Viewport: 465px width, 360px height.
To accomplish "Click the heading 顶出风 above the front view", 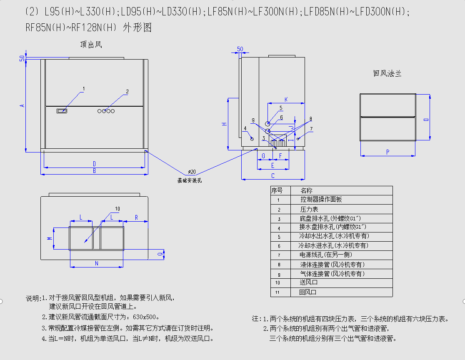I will point(91,45).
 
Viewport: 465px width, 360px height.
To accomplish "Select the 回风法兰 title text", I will point(387,74).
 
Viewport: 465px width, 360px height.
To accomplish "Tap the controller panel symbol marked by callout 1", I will point(62,111).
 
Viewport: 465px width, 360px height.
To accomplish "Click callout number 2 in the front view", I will point(127,91).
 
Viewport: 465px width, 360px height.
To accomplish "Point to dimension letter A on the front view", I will point(22,106).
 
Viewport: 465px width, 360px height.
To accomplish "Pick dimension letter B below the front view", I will point(95,170).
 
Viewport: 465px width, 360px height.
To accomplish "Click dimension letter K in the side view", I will point(286,99).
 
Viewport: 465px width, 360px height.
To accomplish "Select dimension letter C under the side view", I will point(273,176).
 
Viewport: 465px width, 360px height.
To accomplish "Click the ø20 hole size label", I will point(192,172).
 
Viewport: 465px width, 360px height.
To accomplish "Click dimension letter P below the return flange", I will point(387,152).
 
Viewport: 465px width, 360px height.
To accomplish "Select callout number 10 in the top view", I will point(117,208).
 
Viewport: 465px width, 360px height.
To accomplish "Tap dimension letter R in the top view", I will point(136,218).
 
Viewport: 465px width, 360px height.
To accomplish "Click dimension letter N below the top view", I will point(97,263).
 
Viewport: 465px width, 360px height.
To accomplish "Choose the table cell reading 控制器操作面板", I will point(321,200).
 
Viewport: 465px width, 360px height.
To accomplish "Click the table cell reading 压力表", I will point(309,209).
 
